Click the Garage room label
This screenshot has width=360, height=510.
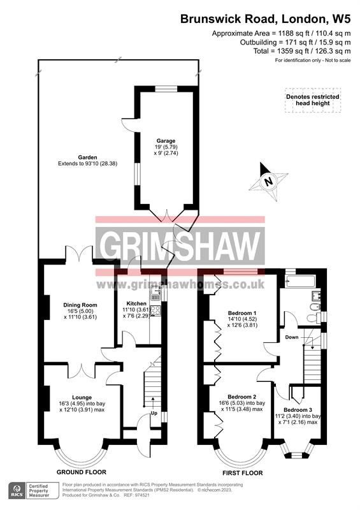166,141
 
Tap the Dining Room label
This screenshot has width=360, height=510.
80,305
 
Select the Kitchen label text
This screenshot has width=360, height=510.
136,303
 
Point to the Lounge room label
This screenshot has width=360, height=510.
82,397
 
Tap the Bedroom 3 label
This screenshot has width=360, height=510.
298,409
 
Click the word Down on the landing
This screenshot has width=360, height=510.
291,337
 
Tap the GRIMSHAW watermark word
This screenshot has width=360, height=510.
180,245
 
